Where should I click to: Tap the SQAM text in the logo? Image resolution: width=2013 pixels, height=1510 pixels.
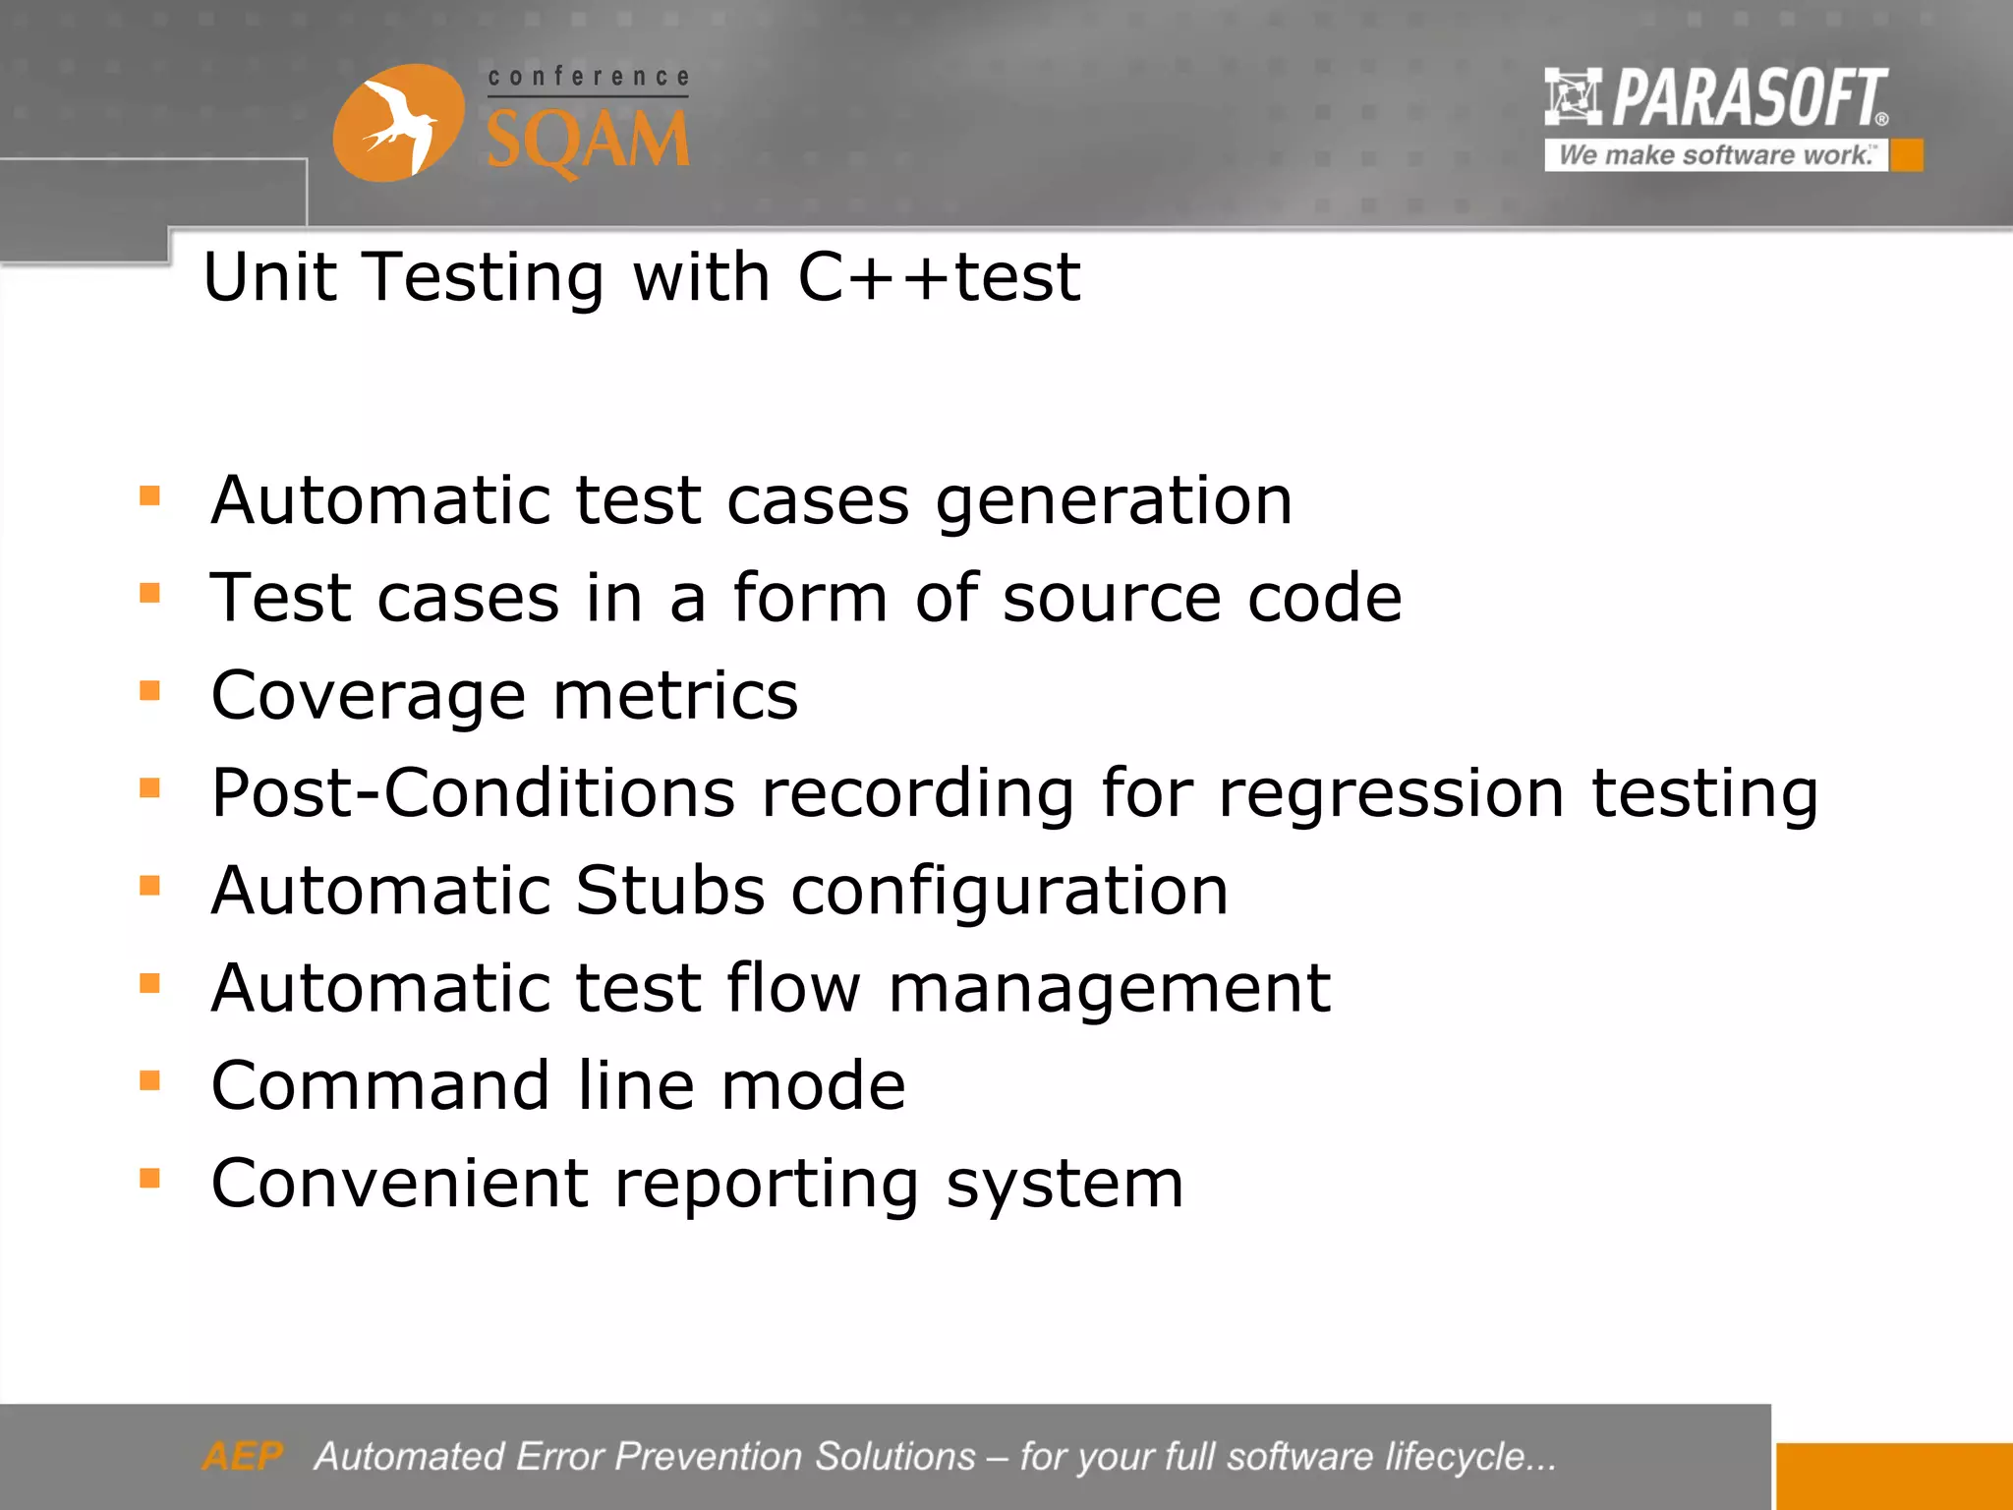(x=588, y=141)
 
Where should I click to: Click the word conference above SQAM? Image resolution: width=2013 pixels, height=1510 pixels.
(x=588, y=77)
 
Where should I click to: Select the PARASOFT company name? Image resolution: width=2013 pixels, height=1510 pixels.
(x=1750, y=98)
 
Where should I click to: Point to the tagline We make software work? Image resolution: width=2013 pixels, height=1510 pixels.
(x=1715, y=155)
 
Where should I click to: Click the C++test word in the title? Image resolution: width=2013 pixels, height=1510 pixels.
(x=939, y=277)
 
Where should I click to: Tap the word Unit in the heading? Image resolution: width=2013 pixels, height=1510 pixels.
(x=270, y=277)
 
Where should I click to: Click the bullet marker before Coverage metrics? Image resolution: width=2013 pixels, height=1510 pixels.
(x=149, y=691)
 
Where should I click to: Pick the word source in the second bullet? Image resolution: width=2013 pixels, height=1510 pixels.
(x=1112, y=599)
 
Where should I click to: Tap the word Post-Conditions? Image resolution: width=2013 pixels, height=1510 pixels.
(x=473, y=793)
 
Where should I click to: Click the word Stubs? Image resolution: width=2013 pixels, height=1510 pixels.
(x=669, y=891)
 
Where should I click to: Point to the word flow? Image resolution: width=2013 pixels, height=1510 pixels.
(x=793, y=987)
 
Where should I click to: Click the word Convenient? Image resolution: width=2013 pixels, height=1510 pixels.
(x=399, y=1183)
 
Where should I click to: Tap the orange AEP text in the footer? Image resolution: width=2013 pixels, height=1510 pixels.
(x=242, y=1456)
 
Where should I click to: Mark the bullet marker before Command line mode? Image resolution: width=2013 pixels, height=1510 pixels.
(x=149, y=1081)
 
